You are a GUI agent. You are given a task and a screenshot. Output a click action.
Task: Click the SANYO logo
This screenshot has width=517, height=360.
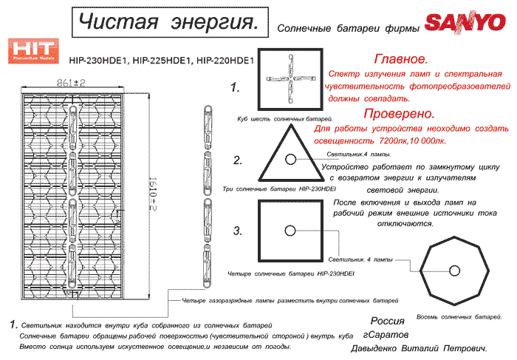click(465, 23)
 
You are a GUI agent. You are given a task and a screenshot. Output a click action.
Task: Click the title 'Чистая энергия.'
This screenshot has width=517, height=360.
click(169, 23)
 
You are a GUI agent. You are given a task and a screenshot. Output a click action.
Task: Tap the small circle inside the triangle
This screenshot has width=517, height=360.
click(290, 159)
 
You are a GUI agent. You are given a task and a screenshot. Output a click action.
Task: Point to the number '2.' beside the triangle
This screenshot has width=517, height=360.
click(238, 160)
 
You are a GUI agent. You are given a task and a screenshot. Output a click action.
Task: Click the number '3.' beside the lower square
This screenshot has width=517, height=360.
click(238, 231)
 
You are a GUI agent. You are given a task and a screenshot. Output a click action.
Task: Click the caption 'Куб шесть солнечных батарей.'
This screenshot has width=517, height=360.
click(284, 118)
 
